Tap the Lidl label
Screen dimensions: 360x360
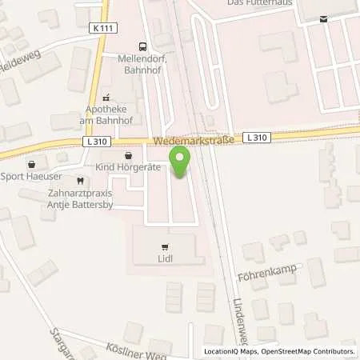pyautogui.click(x=166, y=258)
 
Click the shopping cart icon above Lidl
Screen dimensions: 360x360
pyautogui.click(x=166, y=247)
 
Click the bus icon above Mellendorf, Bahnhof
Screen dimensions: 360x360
pyautogui.click(x=142, y=46)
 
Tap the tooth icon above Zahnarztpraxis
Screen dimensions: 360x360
pyautogui.click(x=79, y=181)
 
